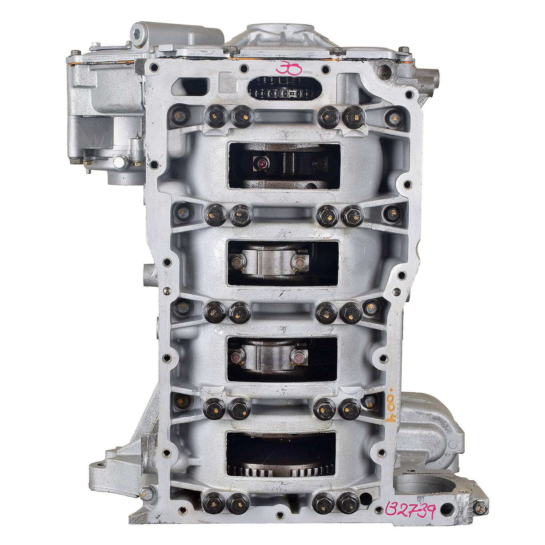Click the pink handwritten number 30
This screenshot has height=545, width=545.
click(x=288, y=68)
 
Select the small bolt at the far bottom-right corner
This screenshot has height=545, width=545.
click(x=480, y=506)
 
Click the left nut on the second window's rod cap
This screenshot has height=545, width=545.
click(x=237, y=262)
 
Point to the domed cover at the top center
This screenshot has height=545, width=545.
click(x=280, y=35)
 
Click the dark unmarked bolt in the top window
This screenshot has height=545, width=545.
click(x=320, y=165)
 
